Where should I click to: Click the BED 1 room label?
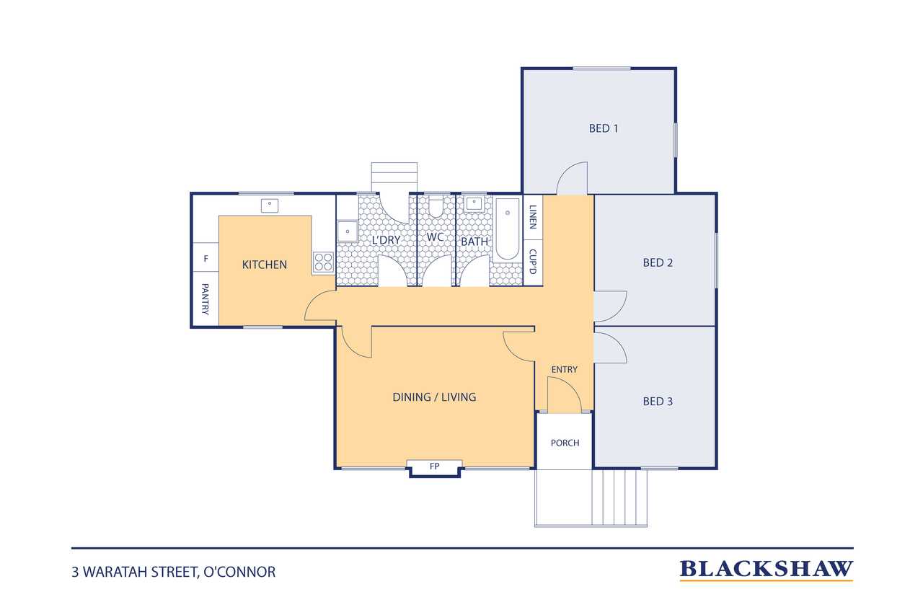point(604,128)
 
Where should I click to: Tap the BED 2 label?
point(658,263)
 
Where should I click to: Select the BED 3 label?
point(658,401)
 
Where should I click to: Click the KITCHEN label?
point(264,265)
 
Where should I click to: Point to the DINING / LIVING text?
point(434,397)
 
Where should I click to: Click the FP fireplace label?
point(434,466)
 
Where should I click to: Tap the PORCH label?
point(565,443)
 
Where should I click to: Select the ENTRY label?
point(564,369)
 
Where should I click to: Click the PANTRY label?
point(205,299)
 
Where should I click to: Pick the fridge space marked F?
point(206,259)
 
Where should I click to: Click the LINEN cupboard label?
point(533,217)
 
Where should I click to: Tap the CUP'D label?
point(533,262)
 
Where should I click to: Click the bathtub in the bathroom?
point(507,229)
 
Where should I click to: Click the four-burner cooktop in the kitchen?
point(323,262)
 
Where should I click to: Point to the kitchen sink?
point(270,205)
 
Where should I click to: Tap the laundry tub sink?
point(348,231)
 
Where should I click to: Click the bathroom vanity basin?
point(474,203)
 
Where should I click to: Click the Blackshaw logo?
point(766,570)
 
